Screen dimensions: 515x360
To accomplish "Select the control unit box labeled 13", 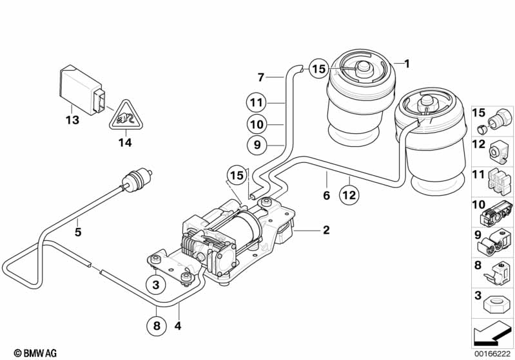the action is click(x=83, y=90).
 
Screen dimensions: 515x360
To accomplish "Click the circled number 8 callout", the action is click(x=157, y=325).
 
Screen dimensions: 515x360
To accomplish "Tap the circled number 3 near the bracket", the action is click(x=156, y=284).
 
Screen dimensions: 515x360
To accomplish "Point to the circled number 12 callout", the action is click(x=349, y=195).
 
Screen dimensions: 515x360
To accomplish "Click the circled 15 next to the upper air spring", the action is click(x=318, y=69).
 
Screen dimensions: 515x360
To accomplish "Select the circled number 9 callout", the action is click(x=257, y=145).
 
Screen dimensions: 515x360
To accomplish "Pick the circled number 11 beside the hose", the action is click(x=257, y=102).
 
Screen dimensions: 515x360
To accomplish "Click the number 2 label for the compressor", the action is click(x=326, y=230).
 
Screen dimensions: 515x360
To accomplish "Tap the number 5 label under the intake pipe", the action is click(x=77, y=232).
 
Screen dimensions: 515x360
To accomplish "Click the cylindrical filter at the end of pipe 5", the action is click(x=137, y=180).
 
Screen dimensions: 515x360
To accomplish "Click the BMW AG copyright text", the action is click(x=35, y=353).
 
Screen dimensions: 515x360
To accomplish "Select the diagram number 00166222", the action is click(x=492, y=354).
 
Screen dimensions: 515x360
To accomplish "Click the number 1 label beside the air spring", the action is click(x=407, y=63).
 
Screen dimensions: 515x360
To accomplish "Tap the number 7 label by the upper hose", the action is click(x=261, y=77).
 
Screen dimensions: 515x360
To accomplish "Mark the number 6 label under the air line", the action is click(x=326, y=196).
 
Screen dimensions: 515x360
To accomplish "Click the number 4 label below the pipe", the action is click(x=178, y=326).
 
